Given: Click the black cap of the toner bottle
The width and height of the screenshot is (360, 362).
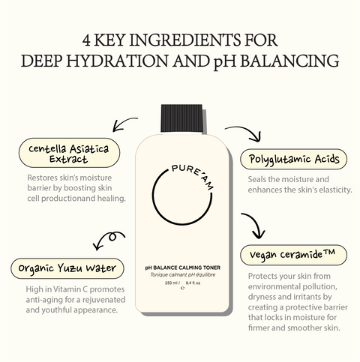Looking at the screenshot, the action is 181,118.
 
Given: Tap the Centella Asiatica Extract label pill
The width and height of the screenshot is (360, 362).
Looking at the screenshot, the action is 69,153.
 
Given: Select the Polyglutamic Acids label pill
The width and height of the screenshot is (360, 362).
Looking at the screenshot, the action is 293,159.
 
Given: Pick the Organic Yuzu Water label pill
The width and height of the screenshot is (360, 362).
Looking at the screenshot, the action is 67,268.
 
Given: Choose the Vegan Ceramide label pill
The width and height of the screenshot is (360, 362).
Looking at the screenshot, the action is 293,255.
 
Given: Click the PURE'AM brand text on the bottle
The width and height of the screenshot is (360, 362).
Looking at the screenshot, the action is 193,175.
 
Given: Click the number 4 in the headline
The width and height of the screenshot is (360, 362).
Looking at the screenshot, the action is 86,40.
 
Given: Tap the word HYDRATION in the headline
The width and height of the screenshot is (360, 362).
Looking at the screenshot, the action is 117,61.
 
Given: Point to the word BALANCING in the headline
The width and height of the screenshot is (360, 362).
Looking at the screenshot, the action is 289,61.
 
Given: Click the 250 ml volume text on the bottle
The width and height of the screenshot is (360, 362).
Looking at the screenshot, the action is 171,283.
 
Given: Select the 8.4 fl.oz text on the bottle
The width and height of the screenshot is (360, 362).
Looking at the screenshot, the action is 193,283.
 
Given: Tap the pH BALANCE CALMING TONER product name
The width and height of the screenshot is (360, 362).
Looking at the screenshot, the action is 183,268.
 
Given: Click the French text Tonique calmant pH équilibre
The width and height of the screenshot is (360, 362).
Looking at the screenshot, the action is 183,275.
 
